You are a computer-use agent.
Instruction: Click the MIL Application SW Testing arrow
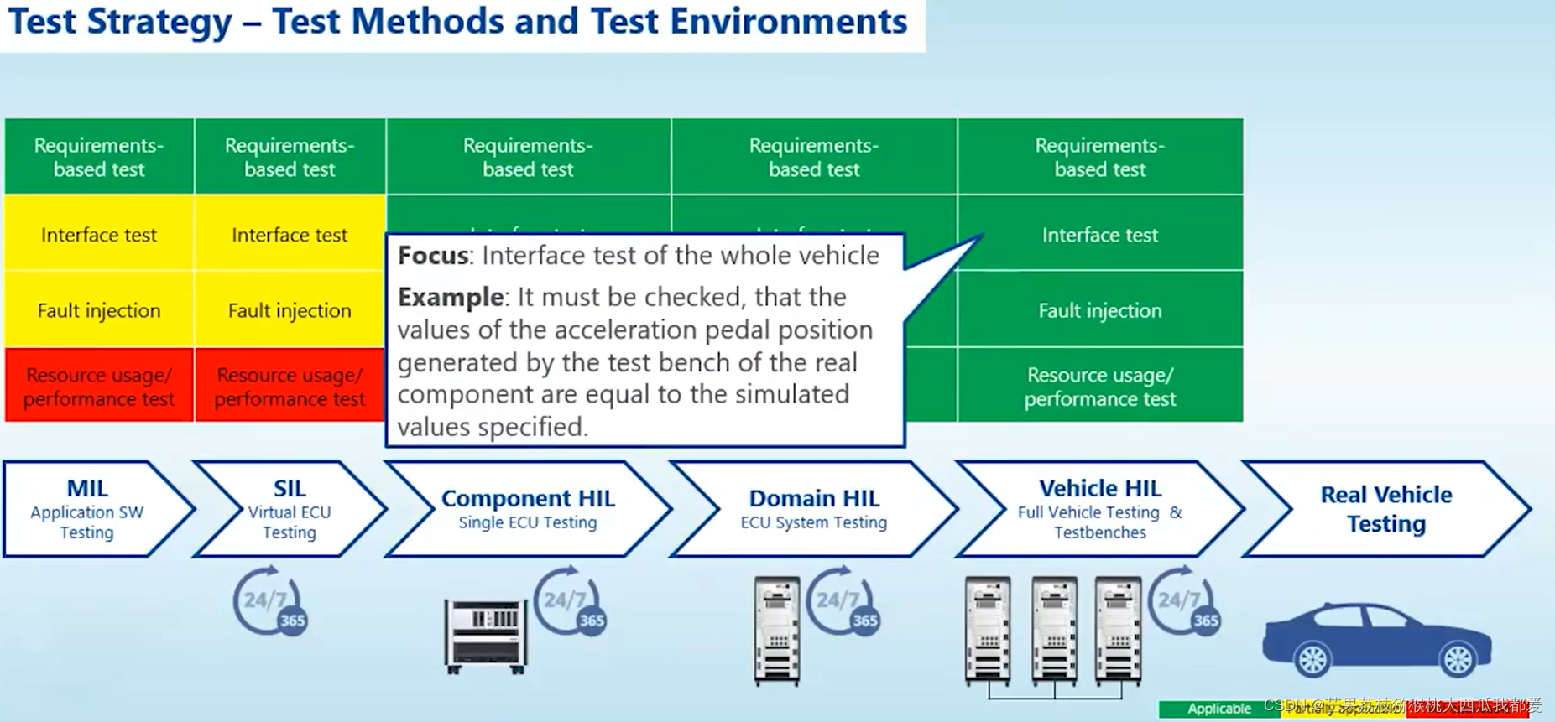click(x=87, y=509)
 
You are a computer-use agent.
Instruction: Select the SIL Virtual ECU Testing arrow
click(x=290, y=509)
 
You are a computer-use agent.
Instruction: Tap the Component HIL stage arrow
click(x=528, y=509)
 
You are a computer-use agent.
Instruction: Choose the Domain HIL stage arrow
click(x=813, y=509)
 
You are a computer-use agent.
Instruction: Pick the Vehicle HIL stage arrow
click(x=1099, y=509)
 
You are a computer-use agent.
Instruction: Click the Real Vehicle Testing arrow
click(x=1385, y=509)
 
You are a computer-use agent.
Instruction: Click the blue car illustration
click(x=1376, y=637)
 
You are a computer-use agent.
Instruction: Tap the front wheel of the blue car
click(x=1312, y=660)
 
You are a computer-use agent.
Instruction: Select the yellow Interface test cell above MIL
click(x=99, y=235)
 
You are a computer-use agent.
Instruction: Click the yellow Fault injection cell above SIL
click(x=290, y=310)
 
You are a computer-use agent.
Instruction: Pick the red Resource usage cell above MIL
click(x=99, y=387)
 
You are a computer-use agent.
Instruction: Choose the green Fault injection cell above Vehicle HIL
click(x=1099, y=310)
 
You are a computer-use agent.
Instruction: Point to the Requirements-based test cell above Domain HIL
click(x=813, y=157)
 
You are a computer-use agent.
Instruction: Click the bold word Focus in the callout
click(x=433, y=256)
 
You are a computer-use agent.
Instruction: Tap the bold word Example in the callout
click(x=451, y=297)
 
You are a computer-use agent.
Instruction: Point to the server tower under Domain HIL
click(x=777, y=631)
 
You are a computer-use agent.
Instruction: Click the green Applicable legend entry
click(x=1218, y=709)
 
